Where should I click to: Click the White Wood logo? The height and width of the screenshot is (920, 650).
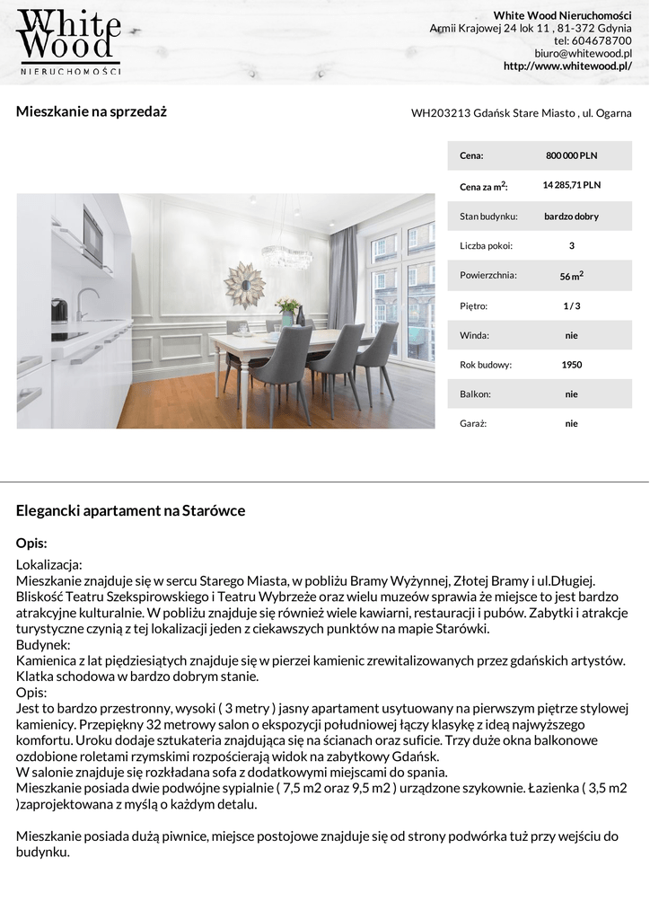69,41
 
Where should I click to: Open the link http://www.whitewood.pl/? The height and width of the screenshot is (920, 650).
567,66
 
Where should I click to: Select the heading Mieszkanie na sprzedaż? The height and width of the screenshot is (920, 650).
92,112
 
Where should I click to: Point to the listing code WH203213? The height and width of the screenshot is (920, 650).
440,113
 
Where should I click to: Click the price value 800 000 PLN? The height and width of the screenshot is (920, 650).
571,155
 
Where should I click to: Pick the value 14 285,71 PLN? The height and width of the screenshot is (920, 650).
571,185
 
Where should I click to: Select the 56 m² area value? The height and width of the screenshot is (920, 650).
571,276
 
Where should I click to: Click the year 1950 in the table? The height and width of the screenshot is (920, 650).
571,365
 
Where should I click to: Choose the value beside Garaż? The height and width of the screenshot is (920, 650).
571,423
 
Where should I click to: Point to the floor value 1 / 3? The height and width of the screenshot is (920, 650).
571,306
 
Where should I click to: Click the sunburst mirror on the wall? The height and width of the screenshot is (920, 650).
244,284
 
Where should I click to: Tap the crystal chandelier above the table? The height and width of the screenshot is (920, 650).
286,257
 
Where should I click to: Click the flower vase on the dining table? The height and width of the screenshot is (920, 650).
287,311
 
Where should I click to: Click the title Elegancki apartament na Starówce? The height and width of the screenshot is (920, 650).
130,511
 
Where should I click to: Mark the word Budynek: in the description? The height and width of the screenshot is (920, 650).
43,645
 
